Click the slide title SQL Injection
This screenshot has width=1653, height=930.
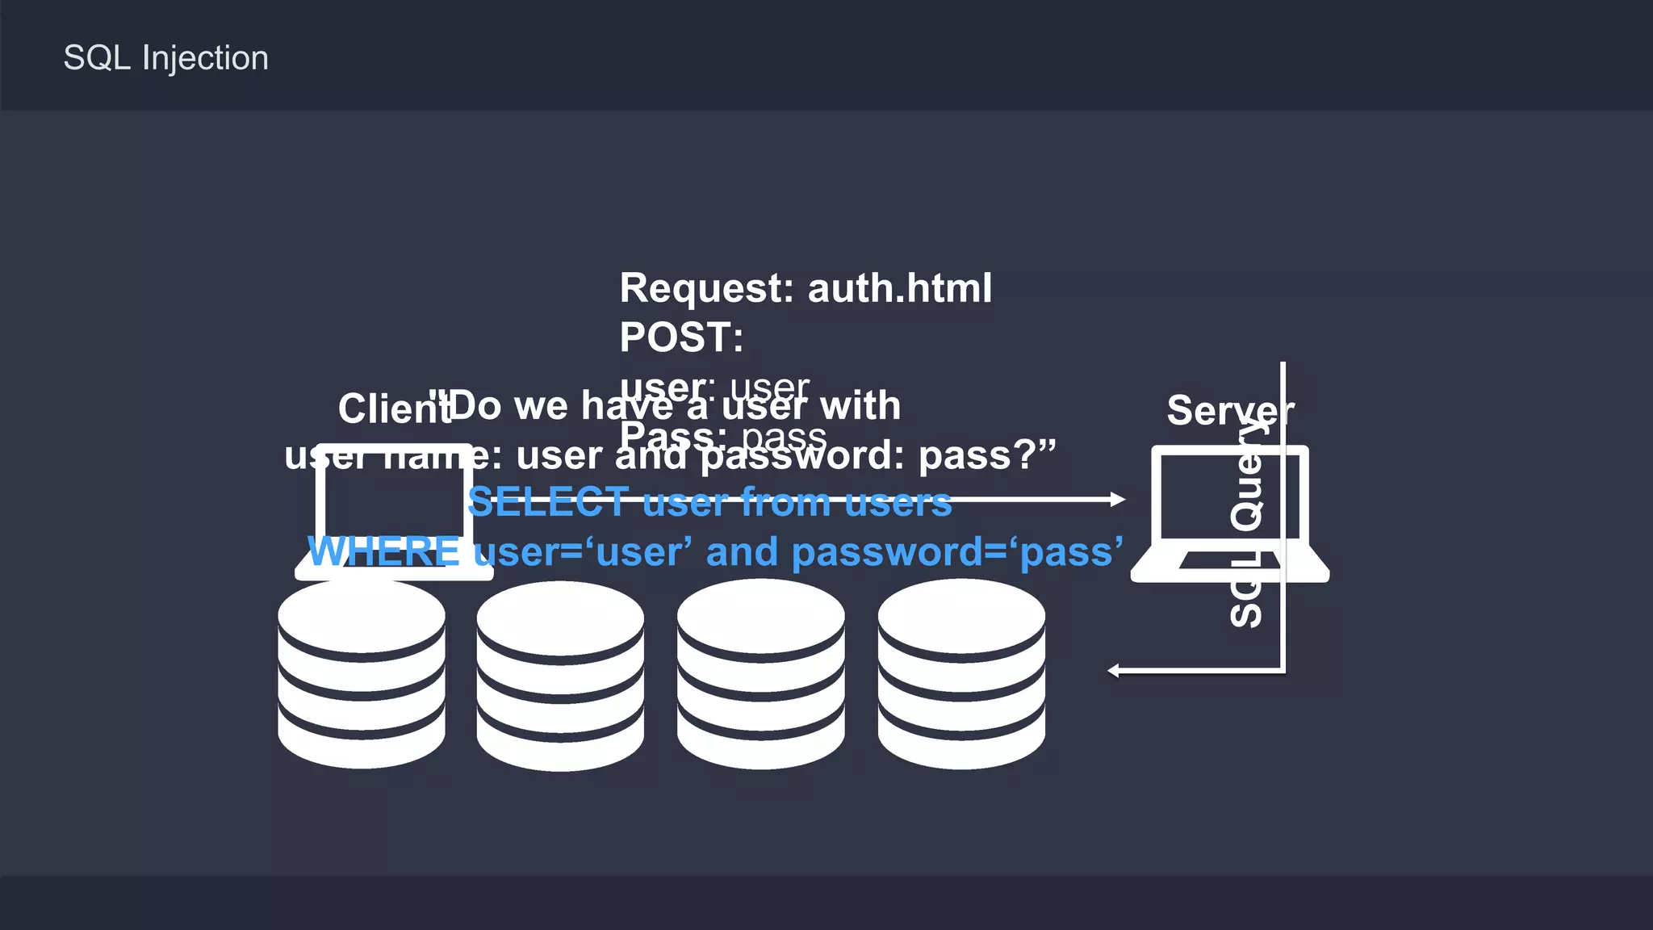pyautogui.click(x=165, y=58)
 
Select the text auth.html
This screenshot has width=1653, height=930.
pyautogui.click(x=899, y=288)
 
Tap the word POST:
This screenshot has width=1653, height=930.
pyautogui.click(x=681, y=337)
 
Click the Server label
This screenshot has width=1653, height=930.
pyautogui.click(x=1229, y=410)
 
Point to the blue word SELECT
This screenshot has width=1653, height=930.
pyautogui.click(x=548, y=502)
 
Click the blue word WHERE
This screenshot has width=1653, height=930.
pyautogui.click(x=384, y=552)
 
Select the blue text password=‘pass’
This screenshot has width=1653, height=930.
pyautogui.click(x=956, y=552)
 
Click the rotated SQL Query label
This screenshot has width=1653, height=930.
pyautogui.click(x=1246, y=525)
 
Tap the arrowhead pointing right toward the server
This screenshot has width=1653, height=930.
pyautogui.click(x=1118, y=500)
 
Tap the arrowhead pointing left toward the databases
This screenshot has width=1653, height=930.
pyautogui.click(x=1114, y=670)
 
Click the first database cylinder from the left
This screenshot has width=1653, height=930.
pyautogui.click(x=361, y=674)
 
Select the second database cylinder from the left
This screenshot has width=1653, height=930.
pyautogui.click(x=560, y=676)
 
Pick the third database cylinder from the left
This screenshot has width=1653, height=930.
pyautogui.click(x=760, y=674)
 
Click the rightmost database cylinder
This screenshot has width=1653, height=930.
pyautogui.click(x=961, y=674)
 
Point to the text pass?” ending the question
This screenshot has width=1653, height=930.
pyautogui.click(x=986, y=455)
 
